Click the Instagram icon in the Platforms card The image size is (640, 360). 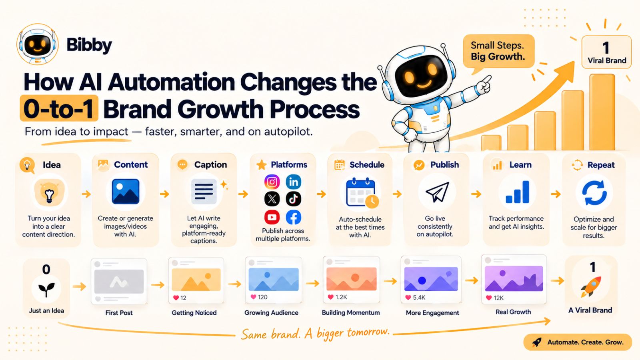point(272,182)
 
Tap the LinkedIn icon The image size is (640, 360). point(294,182)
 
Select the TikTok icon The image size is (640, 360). point(294,199)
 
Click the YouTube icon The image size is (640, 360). point(272,217)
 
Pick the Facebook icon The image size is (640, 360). point(294,217)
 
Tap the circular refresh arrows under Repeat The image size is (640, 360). point(594,193)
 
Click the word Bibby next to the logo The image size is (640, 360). point(89,45)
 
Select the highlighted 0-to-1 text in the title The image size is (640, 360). point(59,108)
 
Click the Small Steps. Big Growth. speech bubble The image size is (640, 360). point(498,52)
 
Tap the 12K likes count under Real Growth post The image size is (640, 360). point(498,298)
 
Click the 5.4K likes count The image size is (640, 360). point(419,298)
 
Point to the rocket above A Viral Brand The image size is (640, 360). point(591,286)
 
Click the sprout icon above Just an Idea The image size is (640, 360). point(46,290)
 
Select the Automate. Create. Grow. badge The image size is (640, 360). point(578,342)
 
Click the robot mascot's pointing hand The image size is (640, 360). point(484,84)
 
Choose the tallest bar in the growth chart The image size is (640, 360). point(602,112)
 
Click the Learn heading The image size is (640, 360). point(520,165)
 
